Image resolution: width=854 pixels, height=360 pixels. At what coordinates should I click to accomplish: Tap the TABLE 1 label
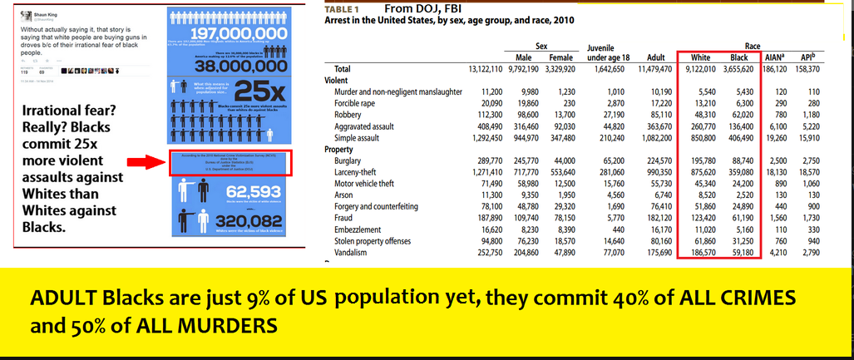pos(336,9)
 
